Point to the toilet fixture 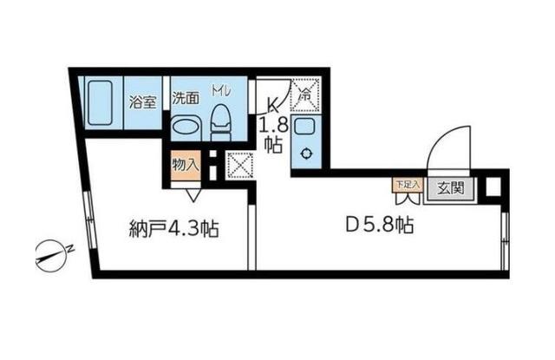[x=219, y=121]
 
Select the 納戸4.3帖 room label [x=173, y=231]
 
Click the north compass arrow [x=52, y=255]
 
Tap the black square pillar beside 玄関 [x=493, y=187]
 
